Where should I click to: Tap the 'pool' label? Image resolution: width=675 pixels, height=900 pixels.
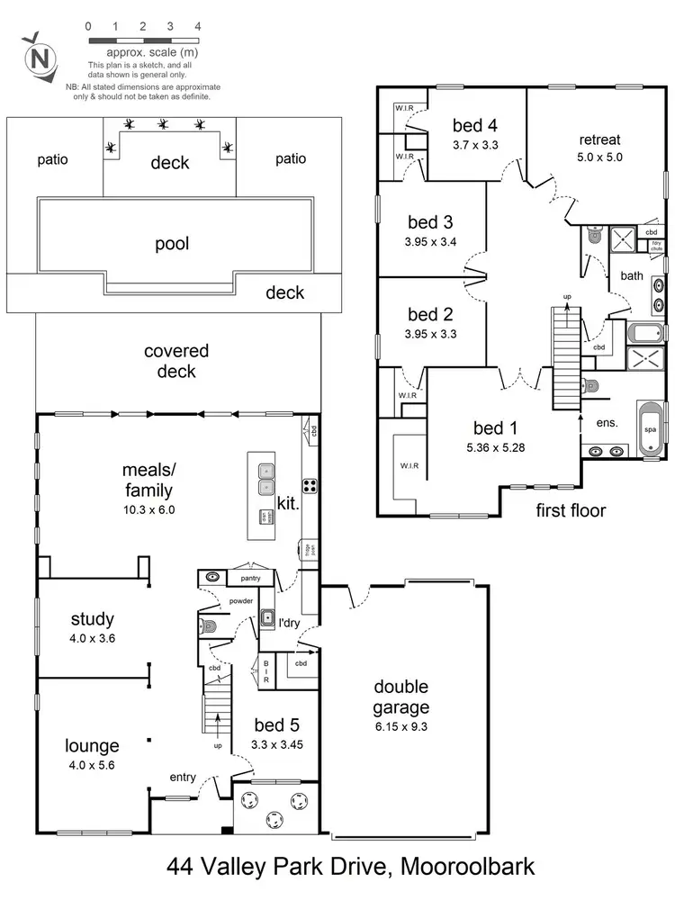171,244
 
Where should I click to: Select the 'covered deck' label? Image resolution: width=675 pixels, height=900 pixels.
176,360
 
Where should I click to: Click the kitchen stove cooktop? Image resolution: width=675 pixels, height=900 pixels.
309,487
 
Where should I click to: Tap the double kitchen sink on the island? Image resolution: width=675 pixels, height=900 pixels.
265,479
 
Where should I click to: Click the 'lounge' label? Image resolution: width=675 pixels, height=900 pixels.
92,746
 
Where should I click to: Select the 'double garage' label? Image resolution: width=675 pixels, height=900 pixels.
402,697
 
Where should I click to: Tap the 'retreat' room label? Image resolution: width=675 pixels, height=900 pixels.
600,139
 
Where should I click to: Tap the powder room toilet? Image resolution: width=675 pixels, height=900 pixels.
207,625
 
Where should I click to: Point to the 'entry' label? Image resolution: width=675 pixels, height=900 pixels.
184,776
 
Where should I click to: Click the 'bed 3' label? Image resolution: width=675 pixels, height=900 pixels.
430,222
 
